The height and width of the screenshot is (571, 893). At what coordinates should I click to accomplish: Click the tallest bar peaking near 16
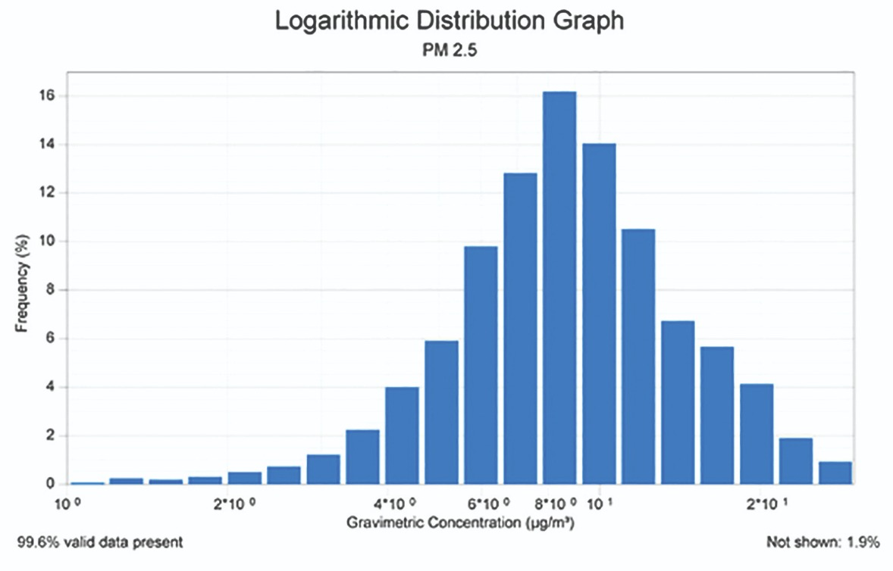pos(559,288)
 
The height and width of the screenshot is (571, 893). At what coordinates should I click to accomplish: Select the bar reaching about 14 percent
pos(599,314)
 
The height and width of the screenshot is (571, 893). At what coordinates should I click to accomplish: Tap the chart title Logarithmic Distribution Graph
pos(449,21)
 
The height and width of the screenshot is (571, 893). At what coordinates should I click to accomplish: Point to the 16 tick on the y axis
pos(51,96)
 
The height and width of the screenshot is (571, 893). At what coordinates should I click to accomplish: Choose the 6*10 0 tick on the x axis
pos(483,504)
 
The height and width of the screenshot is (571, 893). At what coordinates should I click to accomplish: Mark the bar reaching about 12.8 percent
pos(520,329)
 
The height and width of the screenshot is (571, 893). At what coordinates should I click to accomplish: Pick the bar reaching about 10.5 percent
pos(638,356)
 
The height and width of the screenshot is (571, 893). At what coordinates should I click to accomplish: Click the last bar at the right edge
pos(835,473)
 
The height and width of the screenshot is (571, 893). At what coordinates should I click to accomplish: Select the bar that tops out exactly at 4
pos(402,435)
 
